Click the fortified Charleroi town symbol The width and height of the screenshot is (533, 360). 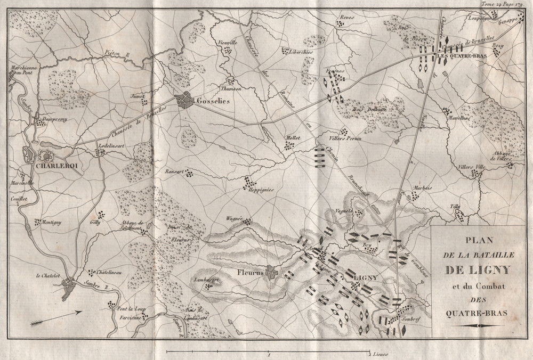(46, 157)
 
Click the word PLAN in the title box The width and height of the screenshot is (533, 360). (479, 240)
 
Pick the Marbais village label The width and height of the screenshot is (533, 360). (422, 189)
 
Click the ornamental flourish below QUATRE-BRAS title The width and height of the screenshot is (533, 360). (479, 325)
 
